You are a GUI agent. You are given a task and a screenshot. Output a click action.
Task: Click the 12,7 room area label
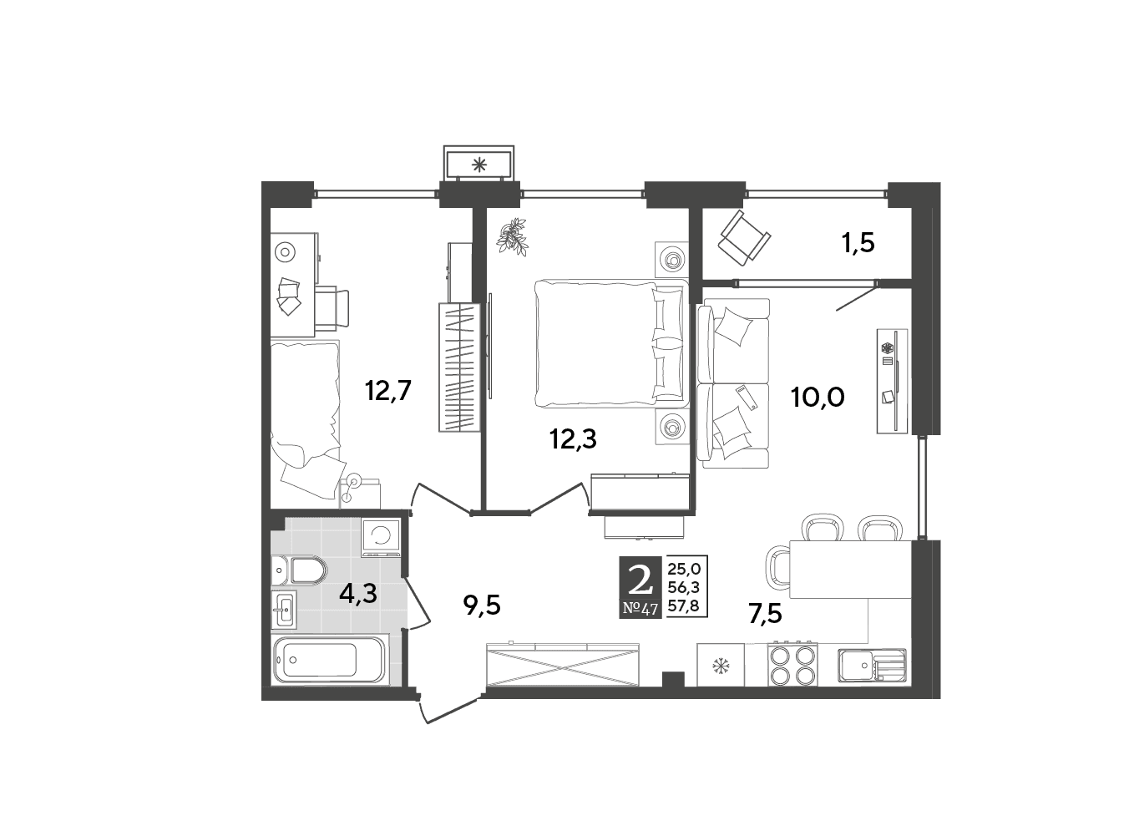point(388,391)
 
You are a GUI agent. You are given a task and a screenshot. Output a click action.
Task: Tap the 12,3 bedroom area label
point(573,439)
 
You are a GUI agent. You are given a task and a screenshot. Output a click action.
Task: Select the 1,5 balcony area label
point(858,244)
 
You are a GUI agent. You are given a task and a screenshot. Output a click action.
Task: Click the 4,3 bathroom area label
point(358,594)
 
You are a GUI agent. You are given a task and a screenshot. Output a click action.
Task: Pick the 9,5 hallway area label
point(482,605)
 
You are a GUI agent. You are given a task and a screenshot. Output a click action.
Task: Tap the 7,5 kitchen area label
point(765,615)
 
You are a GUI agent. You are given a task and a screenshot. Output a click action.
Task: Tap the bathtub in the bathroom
point(330,660)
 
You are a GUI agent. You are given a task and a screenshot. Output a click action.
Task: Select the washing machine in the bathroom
point(381,538)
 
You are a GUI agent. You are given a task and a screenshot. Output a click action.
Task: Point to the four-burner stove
point(792,664)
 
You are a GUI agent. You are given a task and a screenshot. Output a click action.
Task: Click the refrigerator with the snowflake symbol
point(721,665)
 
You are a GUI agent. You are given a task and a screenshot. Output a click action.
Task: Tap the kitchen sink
point(872,666)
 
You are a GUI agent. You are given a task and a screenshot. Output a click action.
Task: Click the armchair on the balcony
point(743,238)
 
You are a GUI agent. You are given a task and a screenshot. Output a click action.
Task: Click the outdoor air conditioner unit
point(478,164)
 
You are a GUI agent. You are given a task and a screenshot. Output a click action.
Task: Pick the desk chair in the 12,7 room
point(332,308)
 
